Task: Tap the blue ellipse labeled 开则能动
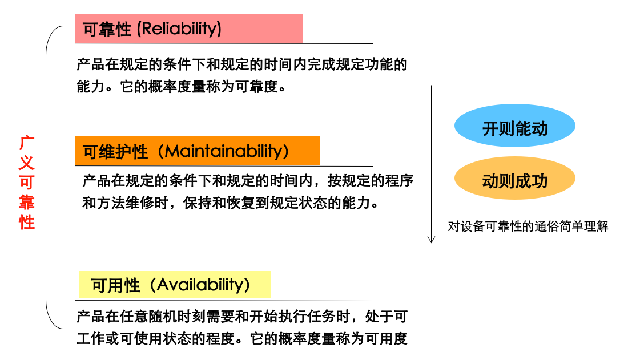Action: (x=514, y=126)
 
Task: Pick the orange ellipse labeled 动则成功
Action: (x=514, y=178)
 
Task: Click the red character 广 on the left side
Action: (x=27, y=143)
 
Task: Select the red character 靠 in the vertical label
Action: (x=27, y=203)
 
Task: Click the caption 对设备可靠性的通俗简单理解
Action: (x=528, y=226)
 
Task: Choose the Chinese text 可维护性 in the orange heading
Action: (x=115, y=152)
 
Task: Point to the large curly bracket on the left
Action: (x=46, y=177)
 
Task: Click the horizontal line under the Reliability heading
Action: (x=224, y=43)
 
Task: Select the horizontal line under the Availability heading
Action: (x=224, y=301)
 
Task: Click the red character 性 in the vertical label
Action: (x=27, y=222)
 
